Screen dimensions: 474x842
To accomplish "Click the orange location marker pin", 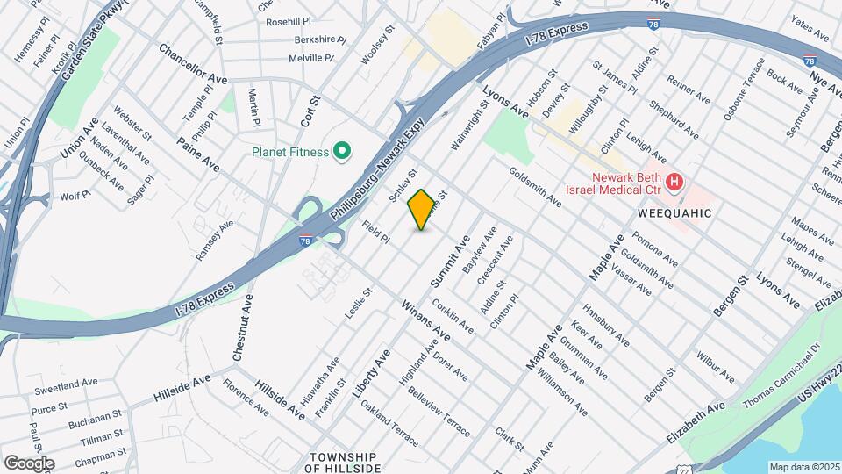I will pos(422,209).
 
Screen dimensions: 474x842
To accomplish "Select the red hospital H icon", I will pos(674,183).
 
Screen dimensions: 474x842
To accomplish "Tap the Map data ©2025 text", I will pos(803,466).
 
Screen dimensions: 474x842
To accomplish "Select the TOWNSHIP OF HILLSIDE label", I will pos(341,463).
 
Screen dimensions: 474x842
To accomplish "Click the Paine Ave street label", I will pos(197,153).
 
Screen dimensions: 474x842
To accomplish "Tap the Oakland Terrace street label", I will pos(389,422).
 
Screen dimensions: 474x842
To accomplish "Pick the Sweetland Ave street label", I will pos(67,384).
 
